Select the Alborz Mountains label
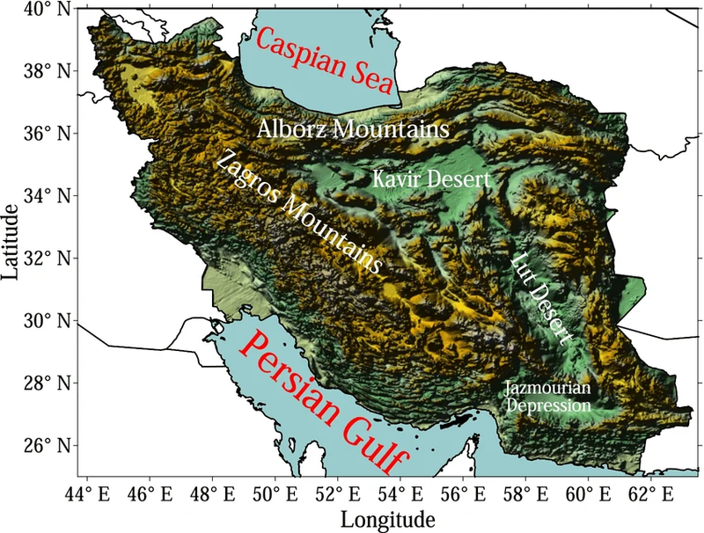tap(355, 129)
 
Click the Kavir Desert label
tap(430, 179)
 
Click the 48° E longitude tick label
tap(209, 491)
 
